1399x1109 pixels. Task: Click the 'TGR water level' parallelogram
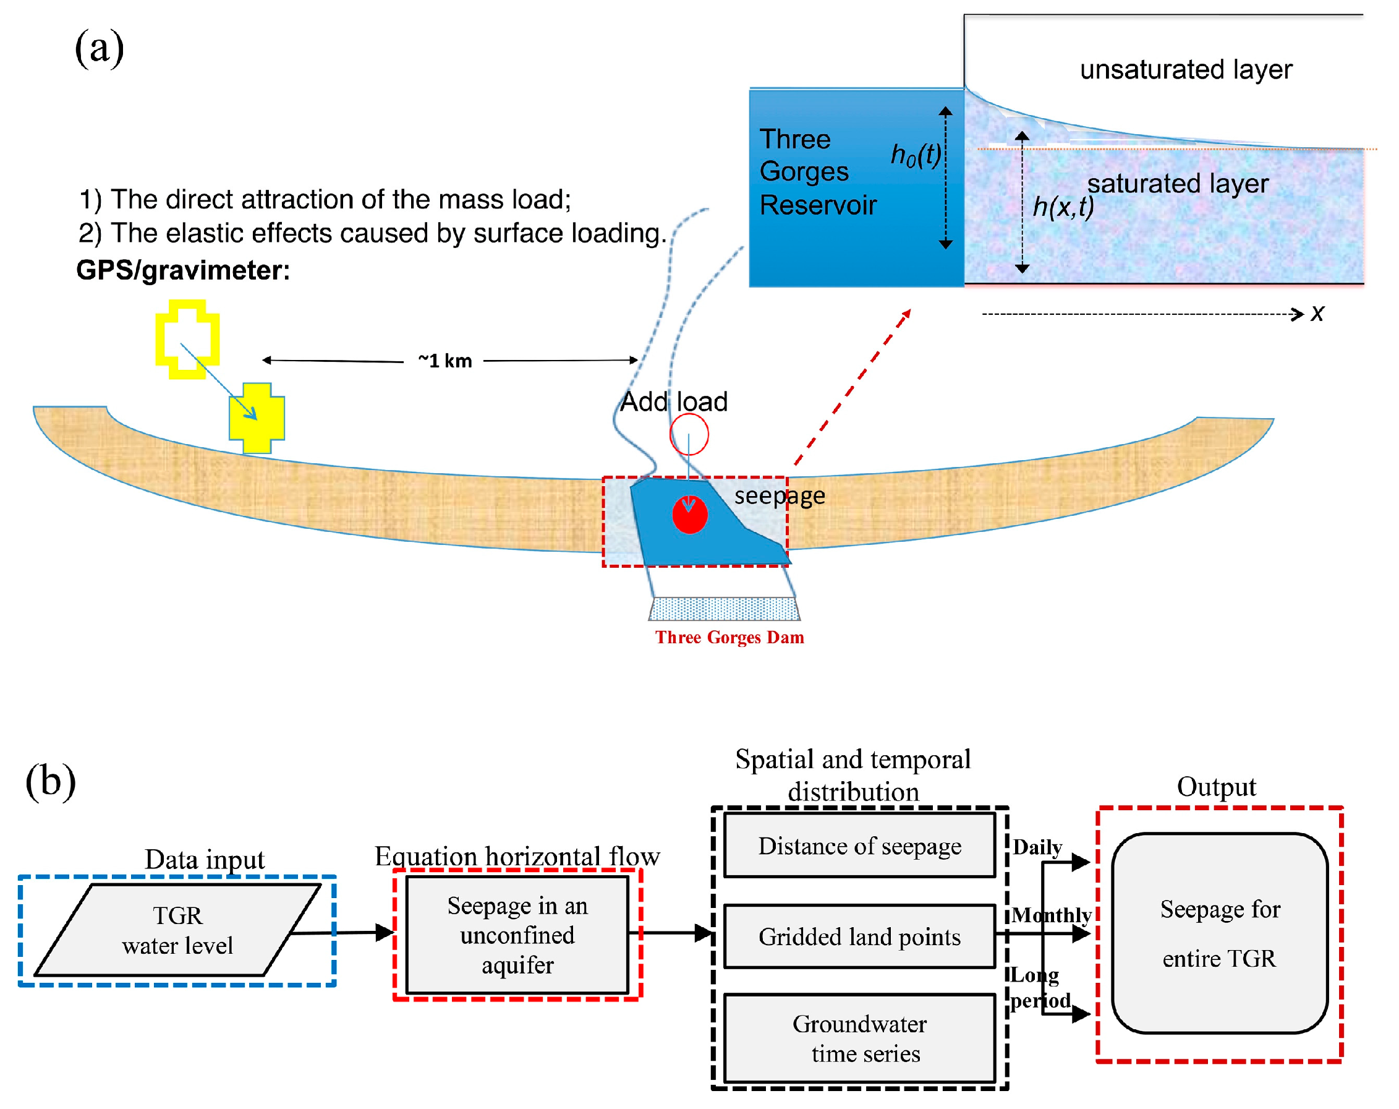pyautogui.click(x=177, y=930)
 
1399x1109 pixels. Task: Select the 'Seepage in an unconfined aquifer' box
pyautogui.click(x=517, y=935)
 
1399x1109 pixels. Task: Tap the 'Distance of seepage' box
pyautogui.click(x=859, y=846)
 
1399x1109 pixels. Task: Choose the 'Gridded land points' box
pyautogui.click(x=859, y=936)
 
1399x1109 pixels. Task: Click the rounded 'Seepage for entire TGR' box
pyautogui.click(x=1219, y=933)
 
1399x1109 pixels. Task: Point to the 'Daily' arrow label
pyautogui.click(x=1037, y=847)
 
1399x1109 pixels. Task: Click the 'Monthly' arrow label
pyautogui.click(x=1051, y=915)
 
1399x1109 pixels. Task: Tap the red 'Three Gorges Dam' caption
pyautogui.click(x=729, y=637)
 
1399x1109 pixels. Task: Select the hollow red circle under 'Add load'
pyautogui.click(x=689, y=434)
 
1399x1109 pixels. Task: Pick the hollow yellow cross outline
pyautogui.click(x=187, y=339)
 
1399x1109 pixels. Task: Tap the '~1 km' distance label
pyautogui.click(x=445, y=361)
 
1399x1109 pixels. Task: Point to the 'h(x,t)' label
pyautogui.click(x=1063, y=207)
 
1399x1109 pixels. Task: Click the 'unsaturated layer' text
pyautogui.click(x=1186, y=69)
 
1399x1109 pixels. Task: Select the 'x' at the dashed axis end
pyautogui.click(x=1317, y=314)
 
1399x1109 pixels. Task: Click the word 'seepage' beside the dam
pyautogui.click(x=780, y=495)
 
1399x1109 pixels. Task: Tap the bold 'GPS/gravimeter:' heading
pyautogui.click(x=183, y=270)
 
